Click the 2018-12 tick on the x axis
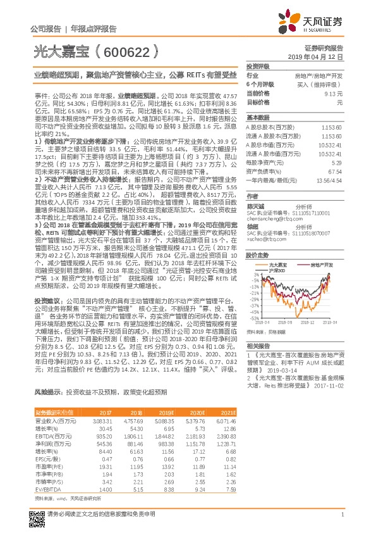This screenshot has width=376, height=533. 308,322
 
